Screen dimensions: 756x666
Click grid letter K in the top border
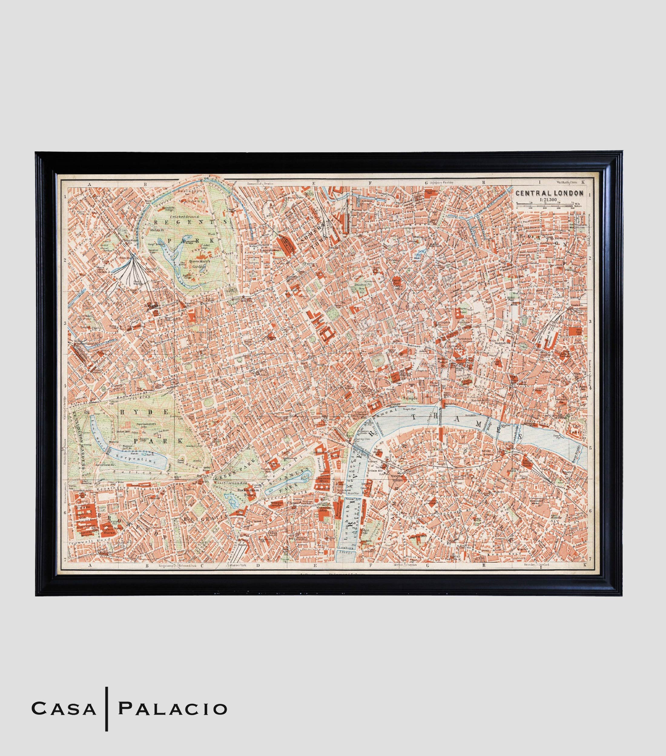tap(583, 182)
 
